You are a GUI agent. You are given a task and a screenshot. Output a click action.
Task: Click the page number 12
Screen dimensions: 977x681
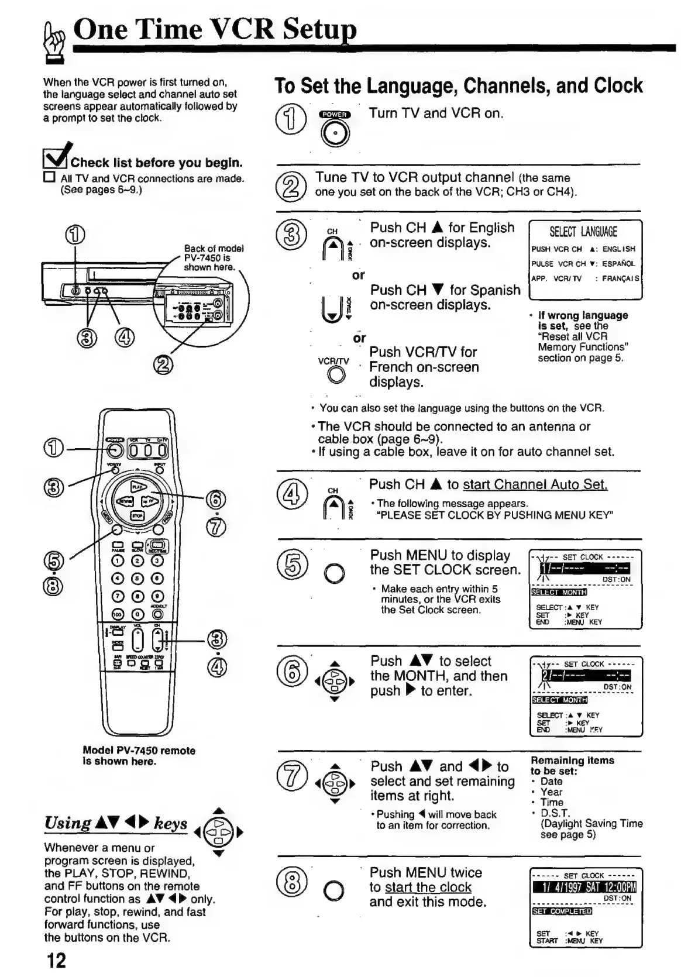[x=57, y=960]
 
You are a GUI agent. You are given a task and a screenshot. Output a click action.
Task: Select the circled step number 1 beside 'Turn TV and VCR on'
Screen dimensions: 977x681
[x=290, y=119]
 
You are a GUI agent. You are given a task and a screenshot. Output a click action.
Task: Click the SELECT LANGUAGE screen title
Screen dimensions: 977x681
[x=583, y=231]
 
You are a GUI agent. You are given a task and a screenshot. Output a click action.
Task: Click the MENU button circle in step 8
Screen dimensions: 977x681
[x=333, y=890]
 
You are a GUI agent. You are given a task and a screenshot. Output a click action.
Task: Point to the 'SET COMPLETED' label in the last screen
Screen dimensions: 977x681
[x=562, y=911]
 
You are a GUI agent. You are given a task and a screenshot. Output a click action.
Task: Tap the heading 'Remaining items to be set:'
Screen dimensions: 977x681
[x=572, y=765]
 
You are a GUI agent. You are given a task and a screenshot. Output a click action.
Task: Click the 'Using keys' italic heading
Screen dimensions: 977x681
[x=116, y=823]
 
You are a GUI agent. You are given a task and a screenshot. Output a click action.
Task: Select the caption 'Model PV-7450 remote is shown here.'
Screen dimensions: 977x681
[x=138, y=755]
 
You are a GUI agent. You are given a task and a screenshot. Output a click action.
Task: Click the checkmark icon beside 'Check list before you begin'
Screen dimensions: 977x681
[x=57, y=156]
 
